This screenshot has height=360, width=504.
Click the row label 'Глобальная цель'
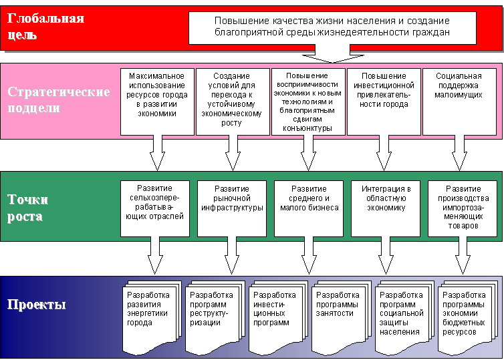[46, 26]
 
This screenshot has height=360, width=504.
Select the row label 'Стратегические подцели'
[59, 100]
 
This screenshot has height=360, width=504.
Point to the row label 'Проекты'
[37, 306]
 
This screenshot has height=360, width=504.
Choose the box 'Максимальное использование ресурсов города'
[157, 100]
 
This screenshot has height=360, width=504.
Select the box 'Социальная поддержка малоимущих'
[458, 100]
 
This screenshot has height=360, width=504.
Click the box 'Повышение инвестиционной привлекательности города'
[384, 100]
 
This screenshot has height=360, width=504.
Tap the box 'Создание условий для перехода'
[233, 100]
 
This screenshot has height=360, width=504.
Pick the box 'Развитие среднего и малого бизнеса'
[309, 207]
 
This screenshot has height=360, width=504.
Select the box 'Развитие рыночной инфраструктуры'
[232, 207]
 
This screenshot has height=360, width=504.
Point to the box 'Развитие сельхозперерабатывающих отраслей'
[156, 207]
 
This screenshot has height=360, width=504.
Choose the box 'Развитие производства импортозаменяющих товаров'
[461, 207]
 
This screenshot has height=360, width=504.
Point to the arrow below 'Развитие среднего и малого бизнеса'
[309, 254]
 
